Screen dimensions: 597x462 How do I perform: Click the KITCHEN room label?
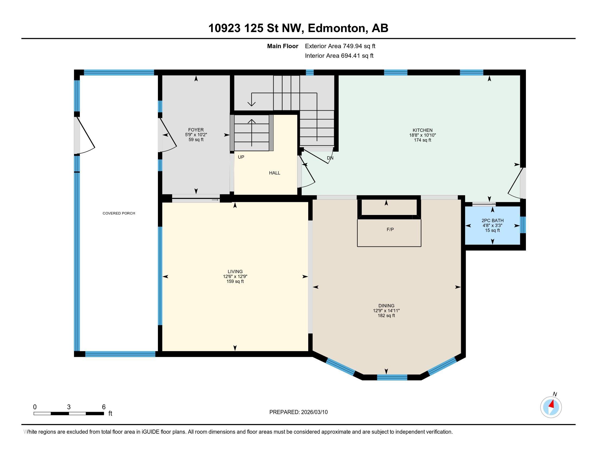[x=422, y=130]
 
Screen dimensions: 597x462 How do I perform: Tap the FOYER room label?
[x=196, y=130]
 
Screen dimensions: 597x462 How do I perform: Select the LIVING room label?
[x=235, y=271]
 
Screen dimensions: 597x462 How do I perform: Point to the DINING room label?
[x=386, y=306]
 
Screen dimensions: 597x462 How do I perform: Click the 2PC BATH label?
[x=493, y=221]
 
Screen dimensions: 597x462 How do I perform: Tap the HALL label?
[x=274, y=173]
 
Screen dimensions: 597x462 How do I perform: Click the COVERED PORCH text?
[x=119, y=213]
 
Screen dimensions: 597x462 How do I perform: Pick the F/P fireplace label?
[x=390, y=229]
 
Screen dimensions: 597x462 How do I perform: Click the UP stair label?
[x=241, y=157]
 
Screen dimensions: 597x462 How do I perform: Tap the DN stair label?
[x=330, y=158]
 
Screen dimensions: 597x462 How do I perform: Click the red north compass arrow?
[x=552, y=404]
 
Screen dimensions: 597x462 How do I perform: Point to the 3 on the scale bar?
[x=69, y=407]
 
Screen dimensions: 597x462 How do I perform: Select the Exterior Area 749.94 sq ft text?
[x=340, y=46]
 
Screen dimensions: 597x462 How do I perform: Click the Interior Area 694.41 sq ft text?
[x=339, y=56]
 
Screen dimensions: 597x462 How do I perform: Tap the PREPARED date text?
[x=298, y=412]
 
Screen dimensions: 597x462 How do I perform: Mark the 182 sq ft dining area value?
[x=386, y=316]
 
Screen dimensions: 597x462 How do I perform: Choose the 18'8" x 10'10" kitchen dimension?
[x=422, y=135]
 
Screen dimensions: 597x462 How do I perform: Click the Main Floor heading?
[x=283, y=46]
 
